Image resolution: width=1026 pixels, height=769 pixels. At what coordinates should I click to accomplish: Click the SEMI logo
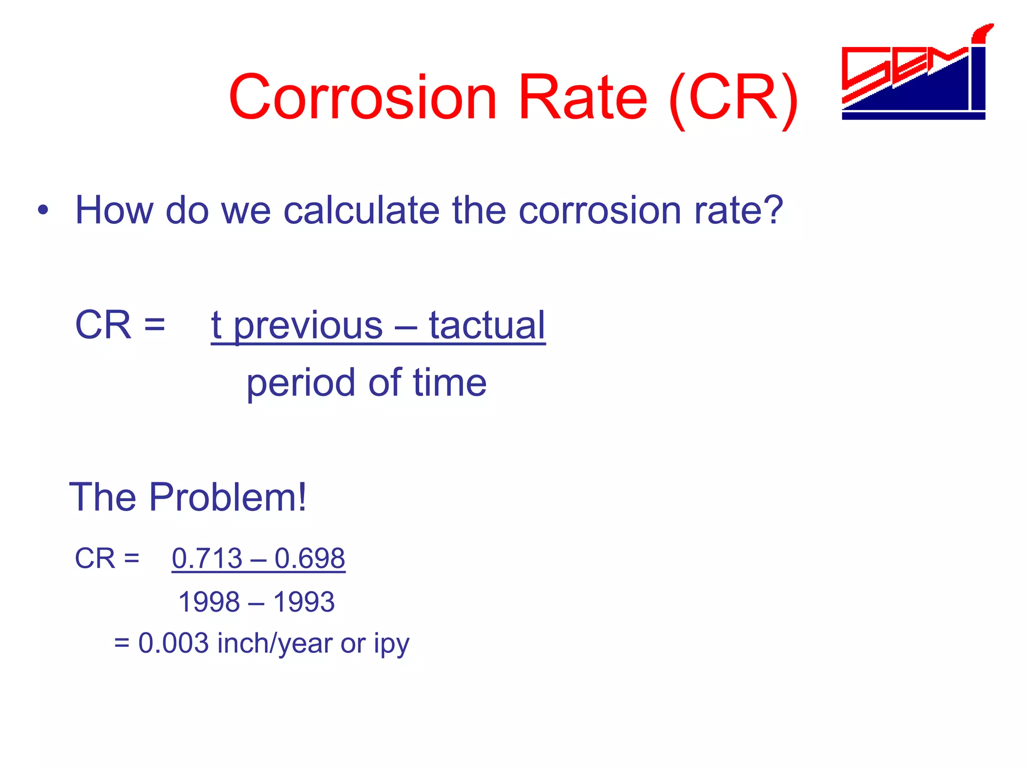point(914,75)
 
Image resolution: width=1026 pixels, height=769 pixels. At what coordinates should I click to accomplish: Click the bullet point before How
point(44,210)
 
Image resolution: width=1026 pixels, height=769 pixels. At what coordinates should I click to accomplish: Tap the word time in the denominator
point(449,382)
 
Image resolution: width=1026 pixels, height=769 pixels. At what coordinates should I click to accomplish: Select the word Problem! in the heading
point(228,497)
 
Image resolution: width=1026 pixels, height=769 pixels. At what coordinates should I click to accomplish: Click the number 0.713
point(207,558)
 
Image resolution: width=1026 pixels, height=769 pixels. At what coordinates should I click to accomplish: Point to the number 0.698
point(310,558)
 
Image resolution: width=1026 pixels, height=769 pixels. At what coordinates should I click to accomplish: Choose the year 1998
point(209,602)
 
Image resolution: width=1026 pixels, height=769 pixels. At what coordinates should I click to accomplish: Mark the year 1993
point(304,602)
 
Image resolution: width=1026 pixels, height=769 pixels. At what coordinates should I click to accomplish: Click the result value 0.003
point(173,643)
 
